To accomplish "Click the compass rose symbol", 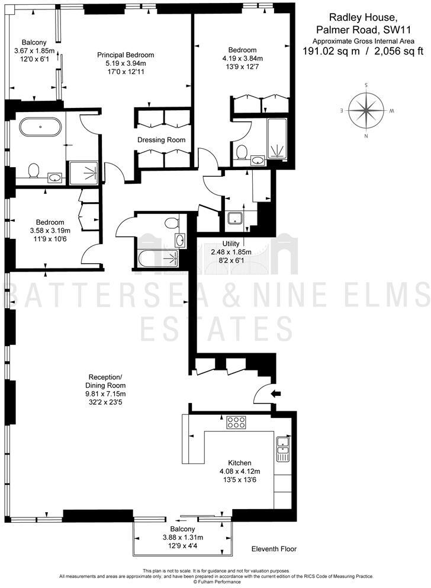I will [x=366, y=111].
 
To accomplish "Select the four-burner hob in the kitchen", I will [x=236, y=423].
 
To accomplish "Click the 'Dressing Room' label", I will [x=161, y=140].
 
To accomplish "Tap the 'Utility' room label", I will [x=231, y=244].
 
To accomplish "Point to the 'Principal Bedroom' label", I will [x=126, y=55].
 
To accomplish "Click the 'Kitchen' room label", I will [x=240, y=463].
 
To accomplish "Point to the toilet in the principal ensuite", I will [x=34, y=171].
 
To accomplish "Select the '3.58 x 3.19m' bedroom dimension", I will [x=50, y=231].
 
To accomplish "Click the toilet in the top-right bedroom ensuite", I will [x=242, y=153].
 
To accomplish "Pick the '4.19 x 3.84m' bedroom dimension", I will [x=243, y=58].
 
